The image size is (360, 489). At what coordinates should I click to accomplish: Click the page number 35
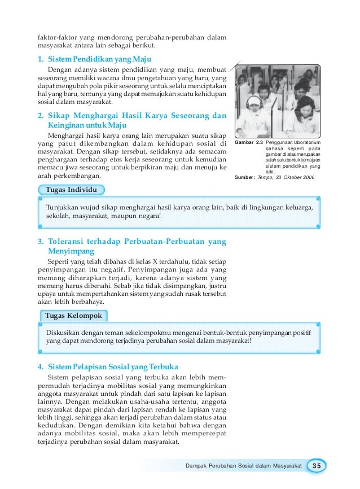pos(316,465)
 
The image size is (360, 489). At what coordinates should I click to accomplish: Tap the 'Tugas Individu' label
pos(71,189)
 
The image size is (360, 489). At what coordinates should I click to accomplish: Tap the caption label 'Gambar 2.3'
pos(248,143)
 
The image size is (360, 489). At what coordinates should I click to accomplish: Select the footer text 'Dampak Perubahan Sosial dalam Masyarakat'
pos(244,465)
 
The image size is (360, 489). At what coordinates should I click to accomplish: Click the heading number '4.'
pos(41,366)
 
